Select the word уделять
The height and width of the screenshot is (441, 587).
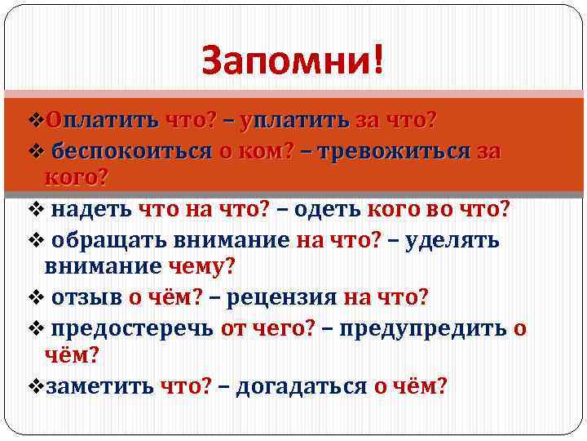pyautogui.click(x=461, y=240)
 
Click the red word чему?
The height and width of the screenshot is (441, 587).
pyautogui.click(x=201, y=265)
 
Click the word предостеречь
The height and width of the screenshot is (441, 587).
pyautogui.click(x=130, y=328)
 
